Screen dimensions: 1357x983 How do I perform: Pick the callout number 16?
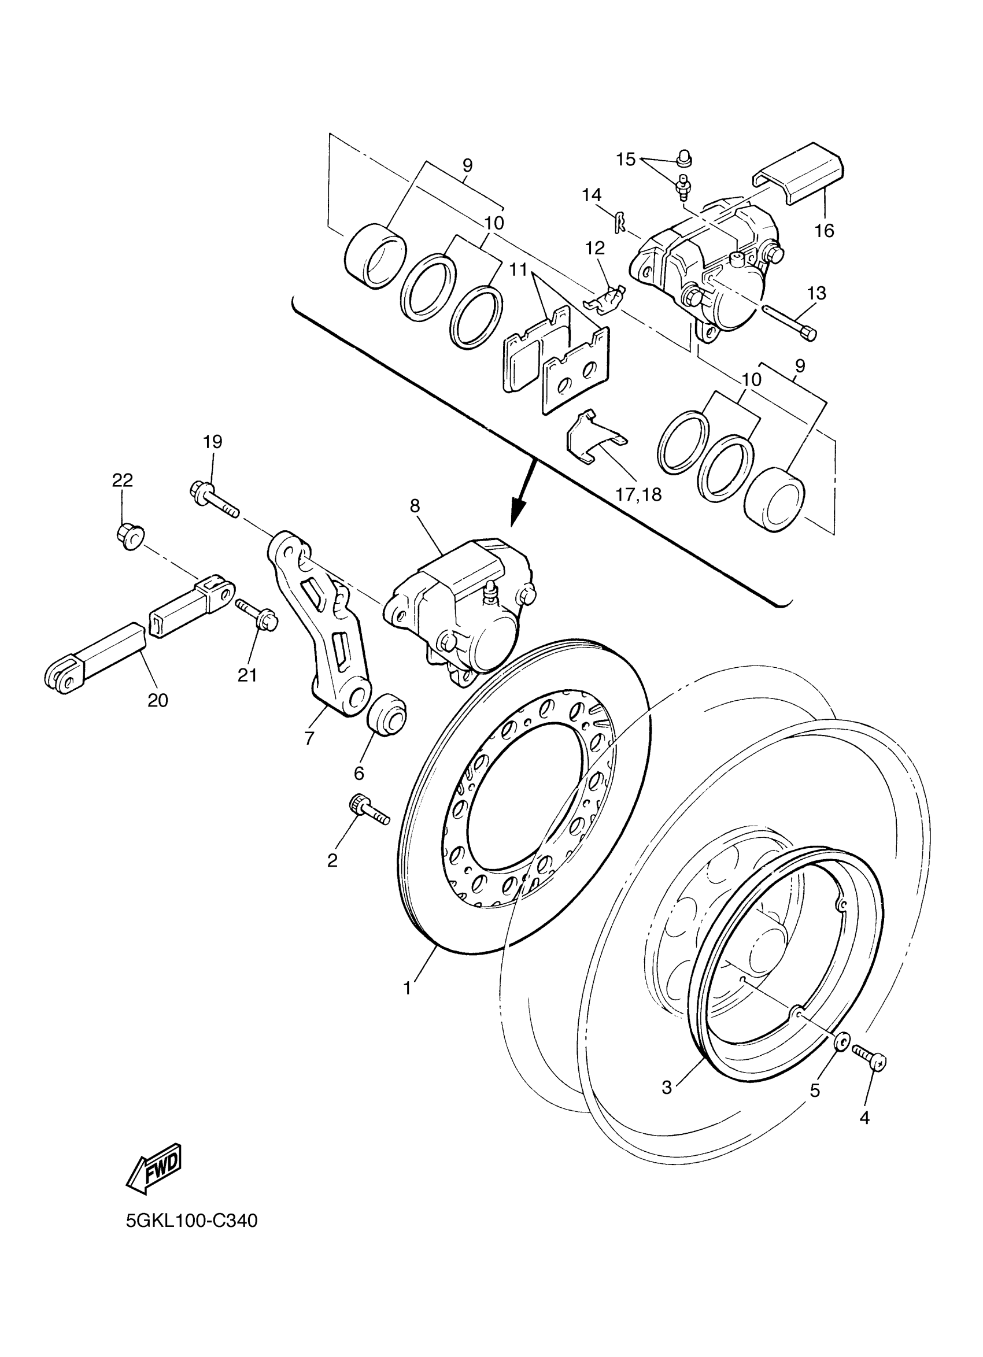coord(825,230)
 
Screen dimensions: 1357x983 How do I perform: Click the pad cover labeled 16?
coord(799,173)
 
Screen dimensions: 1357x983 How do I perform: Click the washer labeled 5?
coord(841,1044)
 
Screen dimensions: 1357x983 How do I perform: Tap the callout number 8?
coord(415,506)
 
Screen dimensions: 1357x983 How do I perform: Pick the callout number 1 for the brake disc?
coord(407,988)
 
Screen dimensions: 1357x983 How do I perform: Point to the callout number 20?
coord(158,700)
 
